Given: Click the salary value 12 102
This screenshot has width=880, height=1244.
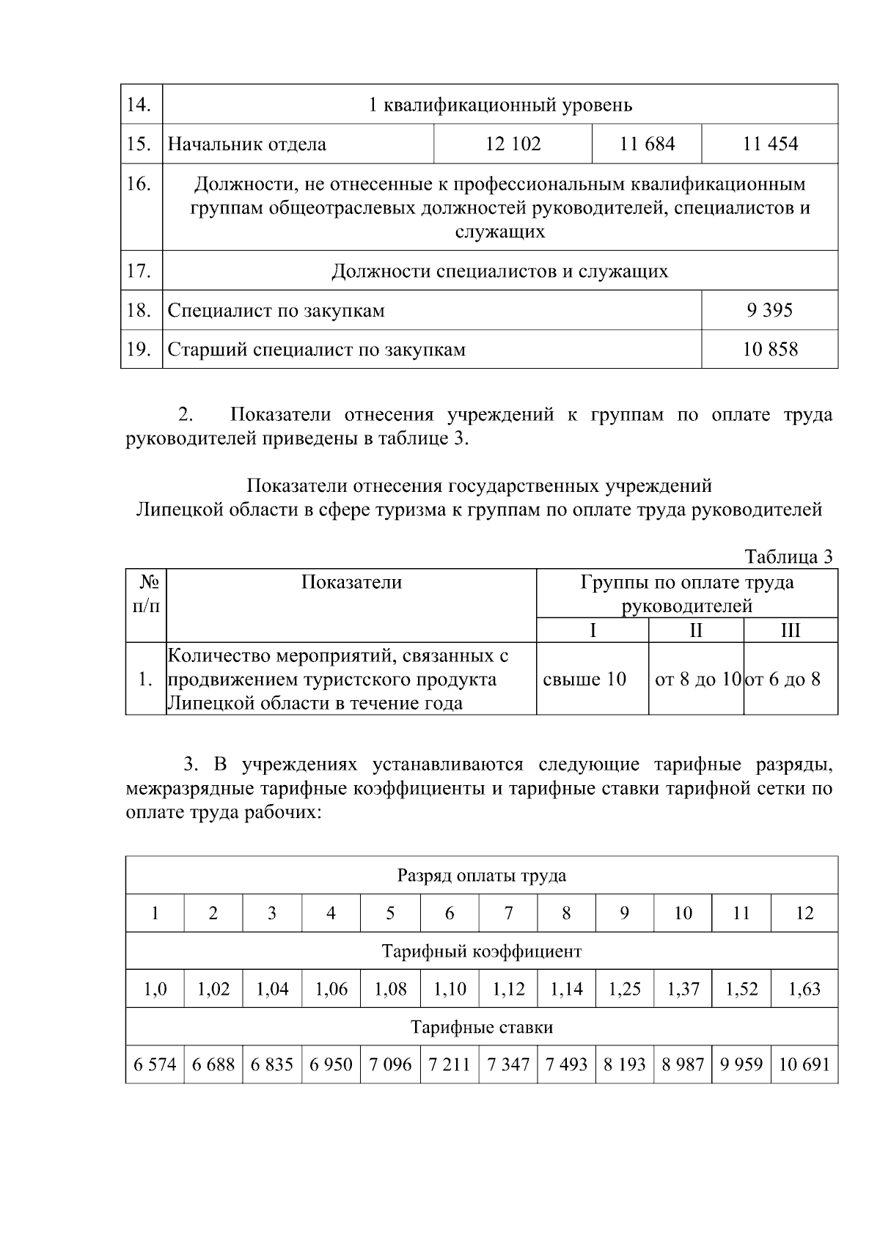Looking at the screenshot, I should click(513, 144).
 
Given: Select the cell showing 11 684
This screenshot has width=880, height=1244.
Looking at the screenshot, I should click(647, 144).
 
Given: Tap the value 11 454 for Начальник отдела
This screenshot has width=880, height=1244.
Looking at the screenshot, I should click(769, 144).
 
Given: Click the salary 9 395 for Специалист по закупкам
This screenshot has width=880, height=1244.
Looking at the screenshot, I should click(769, 310).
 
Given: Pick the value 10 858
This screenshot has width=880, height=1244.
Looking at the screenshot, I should click(769, 349).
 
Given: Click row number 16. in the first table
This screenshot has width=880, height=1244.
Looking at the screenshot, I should click(139, 183).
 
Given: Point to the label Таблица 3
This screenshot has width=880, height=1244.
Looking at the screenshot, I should click(788, 556).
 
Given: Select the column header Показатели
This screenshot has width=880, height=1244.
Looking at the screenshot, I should click(351, 582).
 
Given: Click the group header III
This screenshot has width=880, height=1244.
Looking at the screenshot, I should click(791, 630).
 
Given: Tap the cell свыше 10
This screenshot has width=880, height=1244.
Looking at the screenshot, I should click(584, 679).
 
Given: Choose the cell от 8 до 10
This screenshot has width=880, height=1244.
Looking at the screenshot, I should click(697, 679).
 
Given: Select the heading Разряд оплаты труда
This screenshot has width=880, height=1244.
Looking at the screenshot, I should click(481, 875).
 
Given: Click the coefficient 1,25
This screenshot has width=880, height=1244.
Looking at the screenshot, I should click(624, 989).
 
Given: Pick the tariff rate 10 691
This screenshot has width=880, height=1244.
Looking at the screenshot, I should click(804, 1064).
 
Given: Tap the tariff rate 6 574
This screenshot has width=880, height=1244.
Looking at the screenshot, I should click(155, 1064).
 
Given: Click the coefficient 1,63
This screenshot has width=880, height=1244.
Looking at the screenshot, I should click(804, 989).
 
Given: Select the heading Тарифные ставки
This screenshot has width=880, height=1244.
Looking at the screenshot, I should click(481, 1027).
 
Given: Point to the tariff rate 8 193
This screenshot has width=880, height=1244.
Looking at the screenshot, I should click(624, 1064).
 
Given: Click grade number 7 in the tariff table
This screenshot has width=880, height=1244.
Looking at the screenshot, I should click(508, 913).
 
